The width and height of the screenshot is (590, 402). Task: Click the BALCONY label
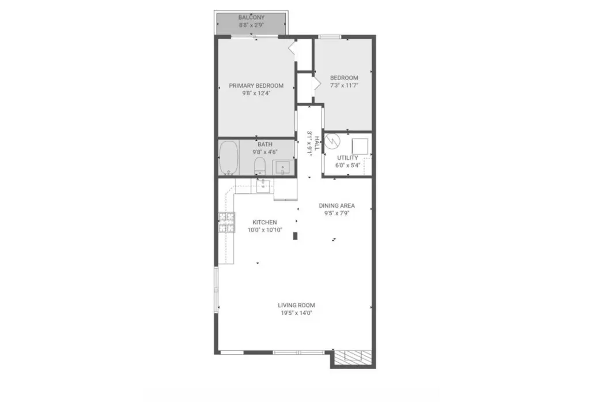click(251, 17)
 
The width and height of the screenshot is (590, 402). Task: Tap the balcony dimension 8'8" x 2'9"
click(251, 25)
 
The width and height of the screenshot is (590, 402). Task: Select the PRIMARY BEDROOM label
click(256, 85)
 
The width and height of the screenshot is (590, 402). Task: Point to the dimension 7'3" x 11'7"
click(344, 85)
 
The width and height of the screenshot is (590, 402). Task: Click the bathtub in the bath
click(229, 158)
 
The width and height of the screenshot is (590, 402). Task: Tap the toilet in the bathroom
click(260, 166)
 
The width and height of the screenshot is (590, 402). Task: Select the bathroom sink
click(282, 167)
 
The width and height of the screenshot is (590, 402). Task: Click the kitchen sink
click(263, 186)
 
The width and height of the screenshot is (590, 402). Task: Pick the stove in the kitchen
click(227, 222)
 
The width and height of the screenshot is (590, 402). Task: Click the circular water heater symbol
click(332, 141)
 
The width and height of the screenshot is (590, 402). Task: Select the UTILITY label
click(347, 158)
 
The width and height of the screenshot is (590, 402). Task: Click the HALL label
click(317, 143)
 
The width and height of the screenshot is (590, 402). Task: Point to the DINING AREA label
click(336, 206)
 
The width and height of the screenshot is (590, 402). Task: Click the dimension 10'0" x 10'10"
click(265, 230)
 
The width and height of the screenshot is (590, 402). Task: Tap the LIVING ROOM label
click(297, 305)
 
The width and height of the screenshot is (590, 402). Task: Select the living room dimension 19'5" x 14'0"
click(297, 313)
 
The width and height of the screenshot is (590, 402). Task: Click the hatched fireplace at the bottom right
click(353, 357)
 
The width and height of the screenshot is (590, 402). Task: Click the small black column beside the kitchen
click(296, 236)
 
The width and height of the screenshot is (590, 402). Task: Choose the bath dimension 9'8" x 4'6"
click(265, 152)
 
